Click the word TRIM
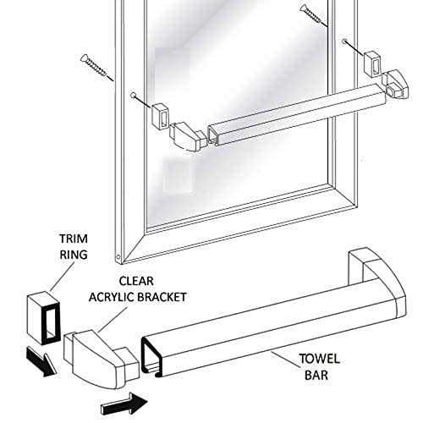74,239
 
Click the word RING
74,255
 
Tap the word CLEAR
136,281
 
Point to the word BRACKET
163,297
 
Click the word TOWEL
319,359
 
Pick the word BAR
316,376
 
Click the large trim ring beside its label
44,317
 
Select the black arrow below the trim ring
41,361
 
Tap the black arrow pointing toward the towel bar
124,404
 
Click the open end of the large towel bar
152,356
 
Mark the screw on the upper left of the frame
97,69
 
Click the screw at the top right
314,16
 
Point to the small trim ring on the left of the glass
160,116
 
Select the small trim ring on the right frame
373,64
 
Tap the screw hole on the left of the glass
133,96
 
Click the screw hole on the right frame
344,41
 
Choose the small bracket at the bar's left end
188,136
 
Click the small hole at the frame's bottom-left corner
118,257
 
